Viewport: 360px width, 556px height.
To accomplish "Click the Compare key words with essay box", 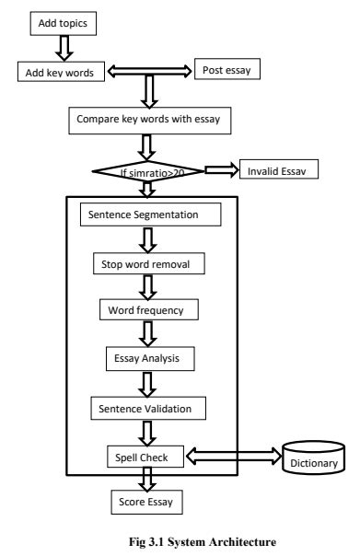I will point(144,119).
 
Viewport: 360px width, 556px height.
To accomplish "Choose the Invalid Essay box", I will point(277,170).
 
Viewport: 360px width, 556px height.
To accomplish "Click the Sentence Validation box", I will point(147,405).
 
